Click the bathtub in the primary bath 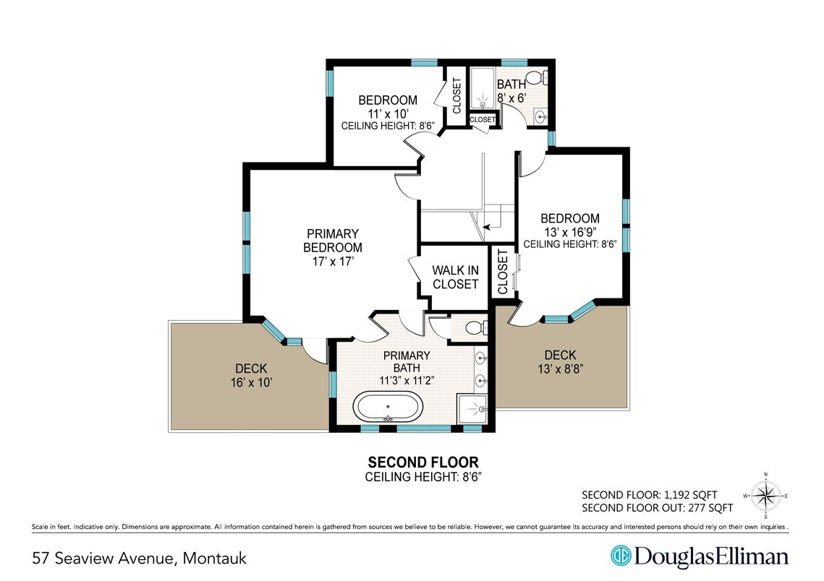point(388,407)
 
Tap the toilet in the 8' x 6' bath point(537,78)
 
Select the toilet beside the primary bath point(477,328)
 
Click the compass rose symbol point(765,496)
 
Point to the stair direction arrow point(488,227)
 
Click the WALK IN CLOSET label point(456,277)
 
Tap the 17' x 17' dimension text point(333,261)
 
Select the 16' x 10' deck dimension point(251,382)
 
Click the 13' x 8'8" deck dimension point(560,369)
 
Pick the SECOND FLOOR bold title point(423,462)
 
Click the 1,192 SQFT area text point(690,495)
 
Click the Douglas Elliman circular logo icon point(621,556)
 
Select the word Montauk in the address point(214,558)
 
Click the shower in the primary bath point(473,409)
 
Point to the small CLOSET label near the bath point(483,120)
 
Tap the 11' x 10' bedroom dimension point(388,113)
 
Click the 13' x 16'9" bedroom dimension point(570,232)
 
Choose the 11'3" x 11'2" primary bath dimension point(407,381)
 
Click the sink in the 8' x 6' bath point(540,116)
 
